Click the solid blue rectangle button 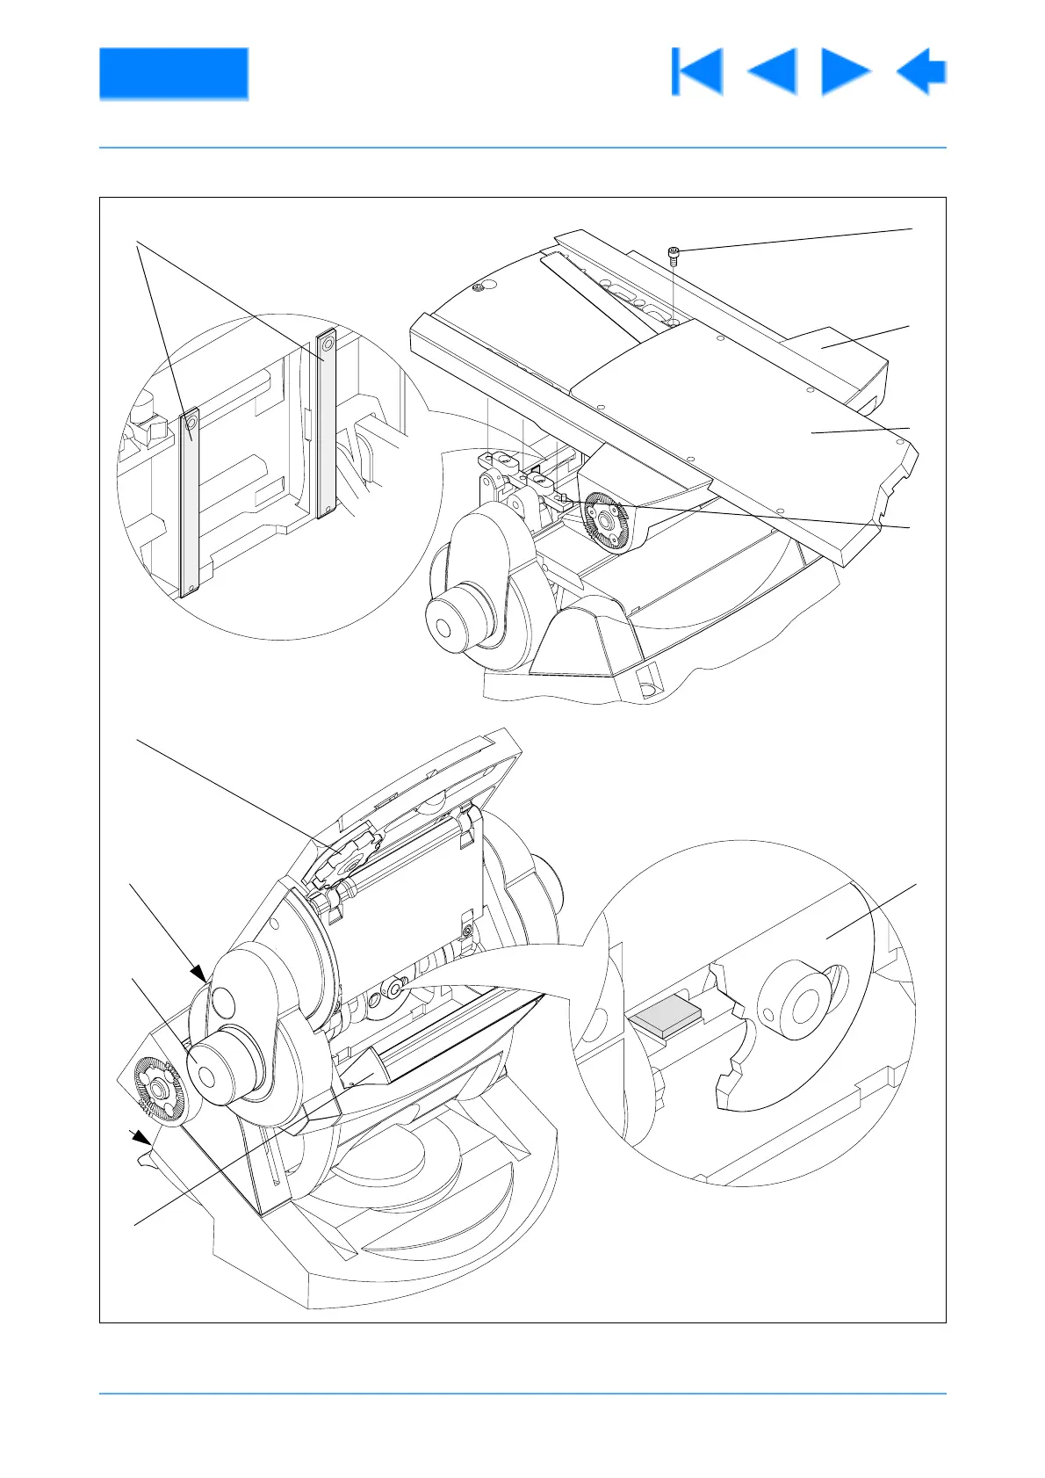(173, 73)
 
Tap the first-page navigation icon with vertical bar (697, 71)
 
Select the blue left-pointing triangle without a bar (773, 71)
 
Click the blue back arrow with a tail (922, 71)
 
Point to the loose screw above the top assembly (674, 256)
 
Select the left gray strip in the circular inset (190, 503)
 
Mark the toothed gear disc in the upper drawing (603, 522)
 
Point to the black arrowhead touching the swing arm (200, 972)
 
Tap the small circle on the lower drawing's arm (223, 999)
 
